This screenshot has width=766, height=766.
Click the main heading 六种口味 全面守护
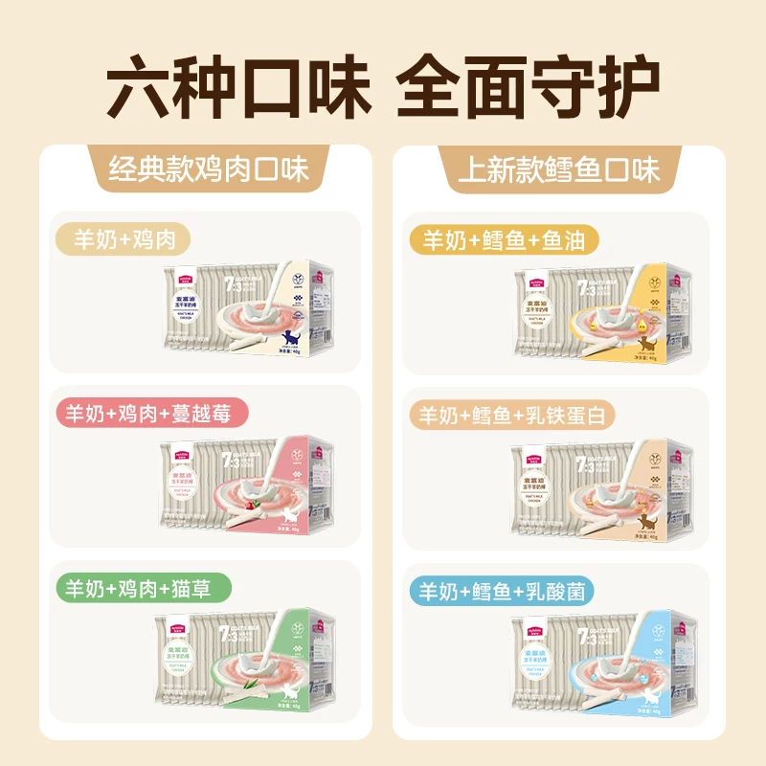click(383, 88)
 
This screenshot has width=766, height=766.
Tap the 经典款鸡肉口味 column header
click(208, 170)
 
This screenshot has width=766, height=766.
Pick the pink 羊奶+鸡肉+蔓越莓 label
click(155, 414)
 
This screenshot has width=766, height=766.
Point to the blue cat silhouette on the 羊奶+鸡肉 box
click(289, 337)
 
